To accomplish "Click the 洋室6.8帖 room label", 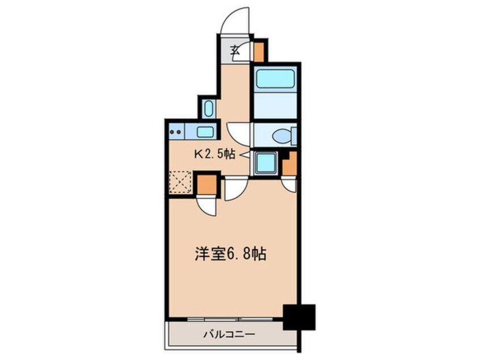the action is [x=230, y=254].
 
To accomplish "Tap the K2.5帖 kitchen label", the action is [x=215, y=153].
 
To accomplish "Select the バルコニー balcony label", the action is [x=230, y=334].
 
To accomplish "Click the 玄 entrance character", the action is [x=235, y=50].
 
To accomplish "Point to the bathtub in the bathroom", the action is [x=276, y=79].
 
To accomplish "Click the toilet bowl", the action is [x=282, y=136].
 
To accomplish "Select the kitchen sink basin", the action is [x=205, y=132].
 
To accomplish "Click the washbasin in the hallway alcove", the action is [x=208, y=108].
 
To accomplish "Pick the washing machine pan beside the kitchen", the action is [x=265, y=163].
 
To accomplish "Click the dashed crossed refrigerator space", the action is [x=180, y=182].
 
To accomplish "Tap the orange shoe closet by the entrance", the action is [x=259, y=52].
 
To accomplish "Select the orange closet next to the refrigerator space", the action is [x=207, y=185].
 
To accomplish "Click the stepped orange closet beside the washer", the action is [x=290, y=165].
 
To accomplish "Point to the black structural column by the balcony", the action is [x=299, y=317].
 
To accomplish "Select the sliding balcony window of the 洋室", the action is [x=230, y=319].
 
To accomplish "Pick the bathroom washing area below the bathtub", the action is [x=276, y=106].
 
